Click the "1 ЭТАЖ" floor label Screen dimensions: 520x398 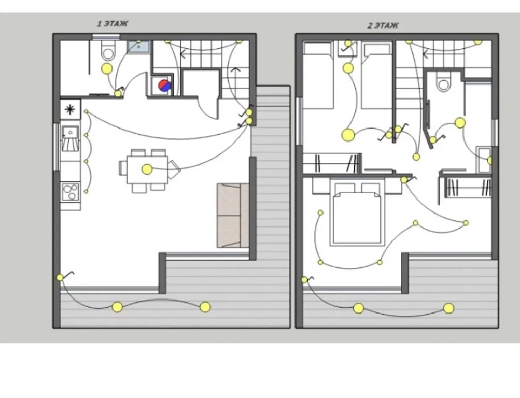point(112,23)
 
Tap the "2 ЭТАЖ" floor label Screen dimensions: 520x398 point(383,25)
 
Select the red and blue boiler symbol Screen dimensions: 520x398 point(164,86)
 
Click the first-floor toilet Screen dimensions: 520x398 point(108,51)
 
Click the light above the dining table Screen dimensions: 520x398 point(147,169)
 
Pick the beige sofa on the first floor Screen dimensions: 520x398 point(233,216)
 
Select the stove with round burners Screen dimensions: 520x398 point(71,192)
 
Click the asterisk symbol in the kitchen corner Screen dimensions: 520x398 point(70,109)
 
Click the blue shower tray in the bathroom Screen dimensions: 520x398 point(138,47)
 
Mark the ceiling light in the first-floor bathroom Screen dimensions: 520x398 point(107,69)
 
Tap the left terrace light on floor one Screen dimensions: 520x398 point(117,307)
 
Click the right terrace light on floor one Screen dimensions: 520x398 point(205,307)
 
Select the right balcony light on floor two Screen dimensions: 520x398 point(448,308)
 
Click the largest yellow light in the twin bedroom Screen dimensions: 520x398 point(348,135)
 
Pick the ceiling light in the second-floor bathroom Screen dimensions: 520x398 point(460,123)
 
